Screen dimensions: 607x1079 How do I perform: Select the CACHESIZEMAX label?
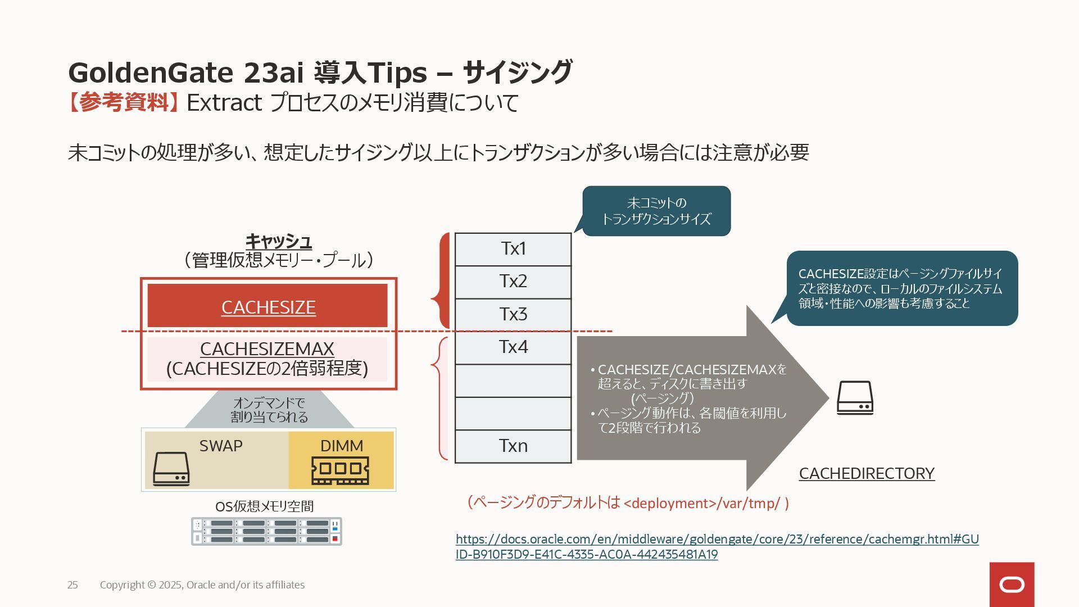267,349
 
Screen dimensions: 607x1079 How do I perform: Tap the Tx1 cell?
513,249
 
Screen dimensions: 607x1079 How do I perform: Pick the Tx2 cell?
513,282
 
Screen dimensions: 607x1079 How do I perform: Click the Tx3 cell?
513,314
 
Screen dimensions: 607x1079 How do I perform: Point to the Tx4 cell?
513,347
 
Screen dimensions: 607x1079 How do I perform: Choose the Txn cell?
513,446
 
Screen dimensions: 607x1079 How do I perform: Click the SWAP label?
221,446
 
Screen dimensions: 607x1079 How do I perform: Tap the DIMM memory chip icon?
340,470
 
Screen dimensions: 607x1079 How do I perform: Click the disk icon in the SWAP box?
171,469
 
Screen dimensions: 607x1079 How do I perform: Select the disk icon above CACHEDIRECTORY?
855,398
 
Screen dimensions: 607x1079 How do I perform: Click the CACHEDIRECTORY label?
867,473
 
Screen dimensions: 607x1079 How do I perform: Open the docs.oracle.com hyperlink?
717,540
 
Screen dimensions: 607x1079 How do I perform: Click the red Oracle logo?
1012,585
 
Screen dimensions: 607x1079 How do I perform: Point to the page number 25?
72,585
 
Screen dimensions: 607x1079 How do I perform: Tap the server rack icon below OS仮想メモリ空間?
266,531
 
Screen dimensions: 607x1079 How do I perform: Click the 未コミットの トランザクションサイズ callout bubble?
656,211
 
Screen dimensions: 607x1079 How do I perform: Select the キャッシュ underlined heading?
279,241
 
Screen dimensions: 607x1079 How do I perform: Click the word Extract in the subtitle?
224,103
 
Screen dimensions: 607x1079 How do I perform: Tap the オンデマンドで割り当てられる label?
269,410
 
